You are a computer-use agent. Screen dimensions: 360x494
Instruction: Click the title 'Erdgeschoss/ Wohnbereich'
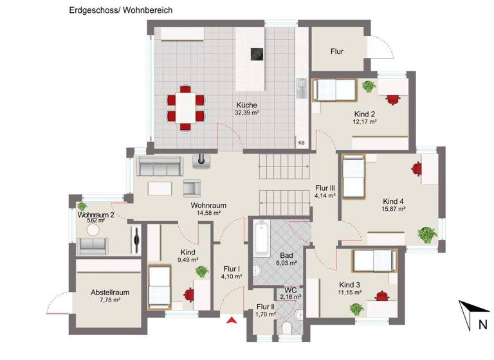121,11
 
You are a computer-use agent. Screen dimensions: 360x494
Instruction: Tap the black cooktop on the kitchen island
257,55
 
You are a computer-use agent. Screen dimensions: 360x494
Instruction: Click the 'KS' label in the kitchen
301,143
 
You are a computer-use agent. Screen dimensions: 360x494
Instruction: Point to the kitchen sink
300,87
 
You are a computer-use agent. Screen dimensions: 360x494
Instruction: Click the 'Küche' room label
246,105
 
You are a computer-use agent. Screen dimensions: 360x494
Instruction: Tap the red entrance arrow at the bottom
232,319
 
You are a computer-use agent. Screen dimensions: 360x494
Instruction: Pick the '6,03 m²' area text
287,263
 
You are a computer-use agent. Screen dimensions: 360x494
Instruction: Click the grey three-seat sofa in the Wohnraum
158,167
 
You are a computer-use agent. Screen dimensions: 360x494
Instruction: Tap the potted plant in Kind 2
369,86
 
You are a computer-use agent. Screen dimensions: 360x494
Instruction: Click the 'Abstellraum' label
110,292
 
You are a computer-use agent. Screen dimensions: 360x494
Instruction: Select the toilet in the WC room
287,328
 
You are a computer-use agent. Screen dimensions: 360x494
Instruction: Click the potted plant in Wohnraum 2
82,206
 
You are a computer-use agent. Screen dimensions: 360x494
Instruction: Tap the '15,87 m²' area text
394,209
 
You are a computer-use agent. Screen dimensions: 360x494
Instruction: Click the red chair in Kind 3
382,296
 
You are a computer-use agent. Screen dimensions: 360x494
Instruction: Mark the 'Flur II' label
265,307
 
